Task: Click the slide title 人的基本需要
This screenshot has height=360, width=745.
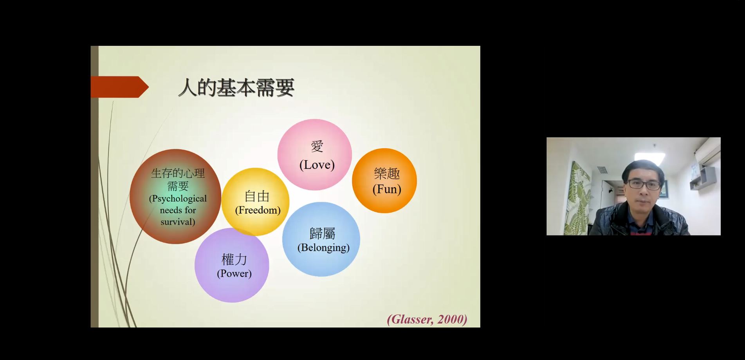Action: pyautogui.click(x=236, y=87)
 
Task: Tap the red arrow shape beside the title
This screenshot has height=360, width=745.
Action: pyautogui.click(x=119, y=87)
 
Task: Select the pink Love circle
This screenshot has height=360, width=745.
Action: pyautogui.click(x=315, y=155)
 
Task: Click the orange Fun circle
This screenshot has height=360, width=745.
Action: pyautogui.click(x=384, y=181)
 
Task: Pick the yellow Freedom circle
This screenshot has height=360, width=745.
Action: pyautogui.click(x=256, y=202)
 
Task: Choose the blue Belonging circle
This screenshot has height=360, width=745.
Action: pyautogui.click(x=321, y=239)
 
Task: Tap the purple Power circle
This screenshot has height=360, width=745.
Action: pyautogui.click(x=232, y=265)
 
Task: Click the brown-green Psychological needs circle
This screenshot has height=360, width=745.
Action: pyautogui.click(x=176, y=196)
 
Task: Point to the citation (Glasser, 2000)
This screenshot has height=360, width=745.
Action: pyautogui.click(x=427, y=319)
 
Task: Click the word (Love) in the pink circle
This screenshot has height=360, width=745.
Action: pyautogui.click(x=317, y=165)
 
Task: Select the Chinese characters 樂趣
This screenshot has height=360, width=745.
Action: pyautogui.click(x=387, y=174)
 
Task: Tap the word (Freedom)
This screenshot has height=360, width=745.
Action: pyautogui.click(x=258, y=210)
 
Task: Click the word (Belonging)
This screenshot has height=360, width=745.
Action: pyautogui.click(x=323, y=248)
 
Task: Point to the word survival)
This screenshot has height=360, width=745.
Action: pyautogui.click(x=178, y=222)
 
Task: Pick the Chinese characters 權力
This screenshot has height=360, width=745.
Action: pyautogui.click(x=234, y=259)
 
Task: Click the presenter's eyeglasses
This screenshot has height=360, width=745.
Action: pyautogui.click(x=644, y=184)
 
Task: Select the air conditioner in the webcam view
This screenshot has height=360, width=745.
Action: pyautogui.click(x=707, y=152)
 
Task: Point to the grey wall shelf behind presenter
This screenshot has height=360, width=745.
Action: pyautogui.click(x=703, y=178)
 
